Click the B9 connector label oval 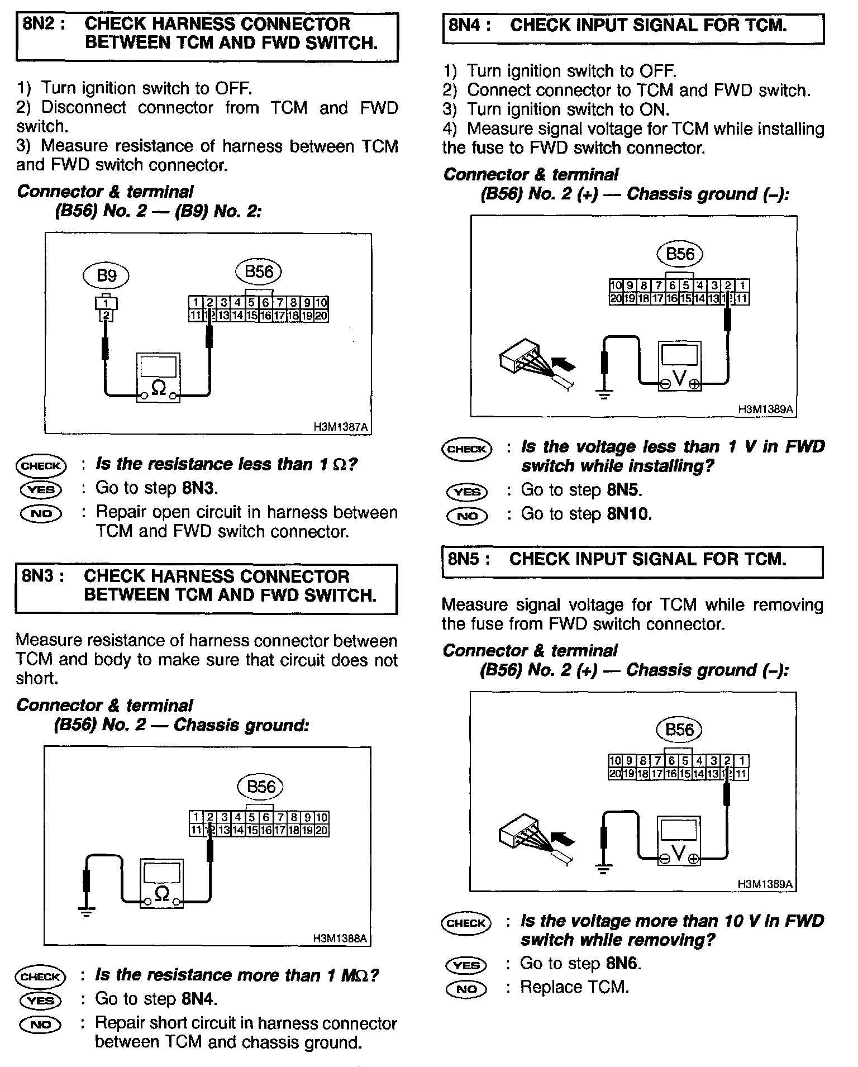click(106, 275)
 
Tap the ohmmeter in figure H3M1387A click(159, 377)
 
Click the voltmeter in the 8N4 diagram click(679, 366)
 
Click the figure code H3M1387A click(340, 427)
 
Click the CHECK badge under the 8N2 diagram click(41, 465)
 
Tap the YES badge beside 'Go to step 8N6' click(467, 965)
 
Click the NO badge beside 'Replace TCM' click(467, 989)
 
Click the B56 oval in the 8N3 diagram click(261, 787)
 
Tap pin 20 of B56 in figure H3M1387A click(321, 316)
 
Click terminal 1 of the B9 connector click(106, 303)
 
